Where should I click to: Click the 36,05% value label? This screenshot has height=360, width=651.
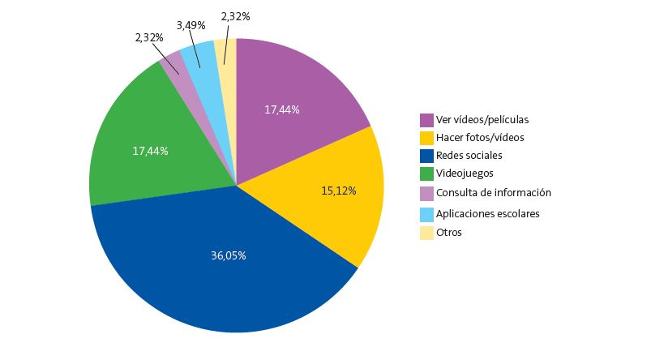229,255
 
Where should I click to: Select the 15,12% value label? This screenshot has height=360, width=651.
340,191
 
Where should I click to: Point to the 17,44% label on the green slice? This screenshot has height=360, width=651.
150,150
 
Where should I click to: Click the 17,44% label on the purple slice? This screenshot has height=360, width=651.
282,109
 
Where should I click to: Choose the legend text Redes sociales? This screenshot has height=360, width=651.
469,155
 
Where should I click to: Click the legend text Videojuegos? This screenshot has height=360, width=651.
465,173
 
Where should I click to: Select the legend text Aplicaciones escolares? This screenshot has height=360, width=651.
487,213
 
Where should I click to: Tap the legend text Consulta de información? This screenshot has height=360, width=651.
493,193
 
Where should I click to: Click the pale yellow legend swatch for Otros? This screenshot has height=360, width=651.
426,233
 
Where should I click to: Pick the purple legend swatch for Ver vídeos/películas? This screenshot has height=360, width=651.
426,119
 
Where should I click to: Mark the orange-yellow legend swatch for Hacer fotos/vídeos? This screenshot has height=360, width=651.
426,137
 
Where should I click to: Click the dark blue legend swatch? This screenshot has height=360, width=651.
426,155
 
